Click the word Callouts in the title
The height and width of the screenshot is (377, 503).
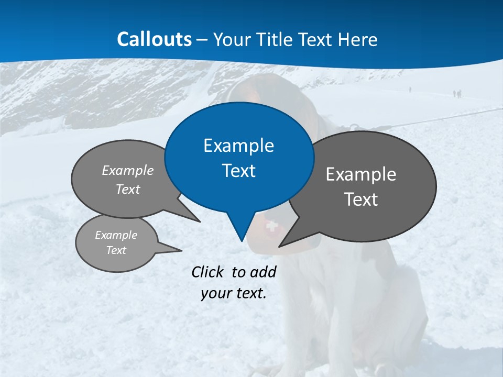(155, 39)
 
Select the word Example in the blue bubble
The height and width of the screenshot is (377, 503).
(238, 146)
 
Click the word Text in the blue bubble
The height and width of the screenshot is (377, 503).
(238, 171)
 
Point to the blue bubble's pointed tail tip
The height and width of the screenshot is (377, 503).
(242, 240)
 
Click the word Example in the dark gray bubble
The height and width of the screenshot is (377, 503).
(361, 174)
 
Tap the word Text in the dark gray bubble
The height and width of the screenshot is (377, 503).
(361, 199)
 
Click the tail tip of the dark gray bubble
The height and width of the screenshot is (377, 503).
(279, 246)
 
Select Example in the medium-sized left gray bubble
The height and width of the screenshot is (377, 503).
(128, 171)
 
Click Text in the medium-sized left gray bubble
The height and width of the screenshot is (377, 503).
(128, 190)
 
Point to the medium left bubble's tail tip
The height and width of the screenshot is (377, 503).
(200, 221)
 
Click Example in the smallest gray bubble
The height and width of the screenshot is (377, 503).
(116, 235)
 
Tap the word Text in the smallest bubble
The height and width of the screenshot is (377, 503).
(116, 250)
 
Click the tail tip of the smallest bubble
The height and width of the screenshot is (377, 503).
(181, 250)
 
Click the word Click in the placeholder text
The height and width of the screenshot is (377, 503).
(207, 272)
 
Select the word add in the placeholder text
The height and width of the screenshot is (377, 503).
(263, 272)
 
